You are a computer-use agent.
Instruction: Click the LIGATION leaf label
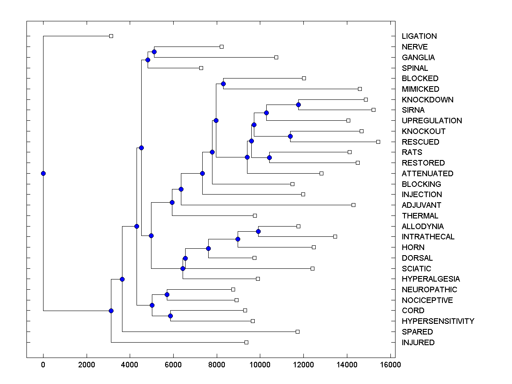(419, 36)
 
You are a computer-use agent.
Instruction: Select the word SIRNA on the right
(413, 110)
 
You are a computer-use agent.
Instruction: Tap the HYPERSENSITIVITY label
(438, 321)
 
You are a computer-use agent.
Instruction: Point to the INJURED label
(418, 343)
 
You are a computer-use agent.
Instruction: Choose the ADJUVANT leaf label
(421, 205)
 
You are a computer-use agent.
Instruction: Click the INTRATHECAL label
(428, 237)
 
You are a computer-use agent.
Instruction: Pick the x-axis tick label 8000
(217, 364)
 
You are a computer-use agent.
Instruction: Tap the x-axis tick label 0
(43, 364)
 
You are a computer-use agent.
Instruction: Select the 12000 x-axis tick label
(303, 364)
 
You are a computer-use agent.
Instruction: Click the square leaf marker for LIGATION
(111, 36)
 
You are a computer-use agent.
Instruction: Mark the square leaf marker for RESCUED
(378, 142)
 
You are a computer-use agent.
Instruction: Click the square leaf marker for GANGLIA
(276, 57)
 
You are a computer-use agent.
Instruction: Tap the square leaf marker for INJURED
(246, 342)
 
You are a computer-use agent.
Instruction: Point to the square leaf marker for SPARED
(297, 332)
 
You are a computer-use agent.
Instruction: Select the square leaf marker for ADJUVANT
(353, 205)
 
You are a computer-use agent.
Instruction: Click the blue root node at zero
(43, 173)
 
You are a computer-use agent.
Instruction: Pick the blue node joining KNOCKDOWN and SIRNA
(298, 105)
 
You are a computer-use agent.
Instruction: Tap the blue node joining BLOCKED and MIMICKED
(223, 84)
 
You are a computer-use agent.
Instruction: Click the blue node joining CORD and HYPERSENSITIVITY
(170, 316)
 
